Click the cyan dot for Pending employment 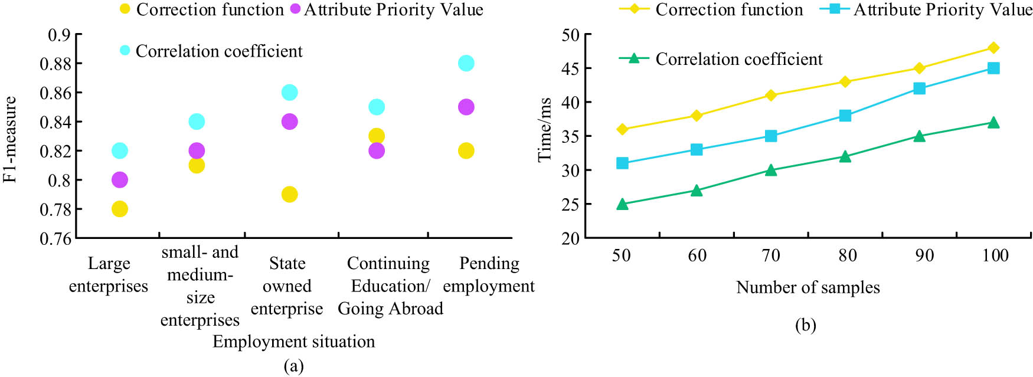click(466, 63)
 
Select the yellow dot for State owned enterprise click(289, 194)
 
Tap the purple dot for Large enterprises click(119, 180)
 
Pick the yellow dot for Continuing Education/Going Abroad click(377, 136)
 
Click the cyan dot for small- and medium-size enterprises click(197, 122)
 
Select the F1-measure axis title click(10, 140)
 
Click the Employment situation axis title click(293, 342)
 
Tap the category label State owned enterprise click(287, 286)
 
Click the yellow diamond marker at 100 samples click(993, 48)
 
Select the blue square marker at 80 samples click(845, 116)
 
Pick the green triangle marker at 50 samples click(622, 204)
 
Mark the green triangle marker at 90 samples click(919, 136)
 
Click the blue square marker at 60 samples click(697, 150)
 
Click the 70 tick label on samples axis click(771, 255)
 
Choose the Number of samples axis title click(808, 287)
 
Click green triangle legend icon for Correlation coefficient click(634, 58)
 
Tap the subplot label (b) click(805, 325)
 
